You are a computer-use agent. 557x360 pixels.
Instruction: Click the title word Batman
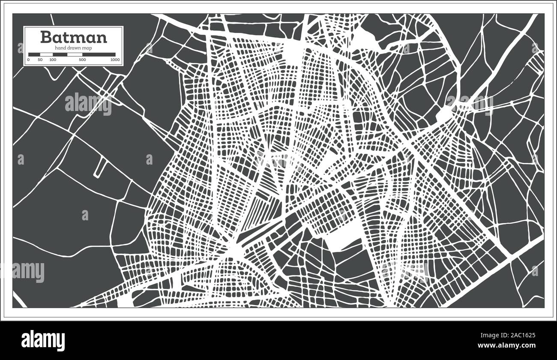pyautogui.click(x=74, y=37)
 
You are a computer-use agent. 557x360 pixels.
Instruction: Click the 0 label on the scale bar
pyautogui.click(x=28, y=60)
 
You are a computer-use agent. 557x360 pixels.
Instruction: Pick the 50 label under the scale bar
pyautogui.click(x=40, y=60)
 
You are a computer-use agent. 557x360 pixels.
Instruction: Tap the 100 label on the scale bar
pyautogui.click(x=53, y=60)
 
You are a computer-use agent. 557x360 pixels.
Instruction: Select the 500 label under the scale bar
pyautogui.click(x=82, y=60)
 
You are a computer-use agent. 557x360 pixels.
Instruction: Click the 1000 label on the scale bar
pyautogui.click(x=114, y=60)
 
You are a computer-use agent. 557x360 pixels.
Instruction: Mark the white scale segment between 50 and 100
pyautogui.click(x=46, y=54)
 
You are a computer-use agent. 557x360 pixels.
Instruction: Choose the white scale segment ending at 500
pyautogui.click(x=75, y=54)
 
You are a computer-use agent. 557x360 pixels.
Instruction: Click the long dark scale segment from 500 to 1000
pyautogui.click(x=99, y=54)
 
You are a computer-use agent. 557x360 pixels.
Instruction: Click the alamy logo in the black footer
pyautogui.click(x=45, y=339)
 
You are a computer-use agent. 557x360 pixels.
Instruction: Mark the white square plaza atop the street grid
pyautogui.click(x=294, y=52)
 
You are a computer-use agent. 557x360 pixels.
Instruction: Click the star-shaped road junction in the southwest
pyautogui.click(x=234, y=249)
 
